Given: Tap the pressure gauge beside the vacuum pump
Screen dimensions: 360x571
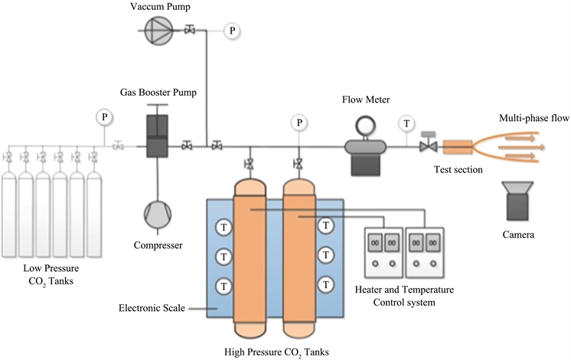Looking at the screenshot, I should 232,30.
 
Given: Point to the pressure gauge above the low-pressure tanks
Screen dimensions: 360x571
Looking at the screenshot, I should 104,117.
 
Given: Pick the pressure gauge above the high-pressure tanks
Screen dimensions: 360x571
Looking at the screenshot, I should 299,123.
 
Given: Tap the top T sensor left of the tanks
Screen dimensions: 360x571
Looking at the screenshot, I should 224,227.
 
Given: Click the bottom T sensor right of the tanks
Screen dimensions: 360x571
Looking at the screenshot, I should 327,285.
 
